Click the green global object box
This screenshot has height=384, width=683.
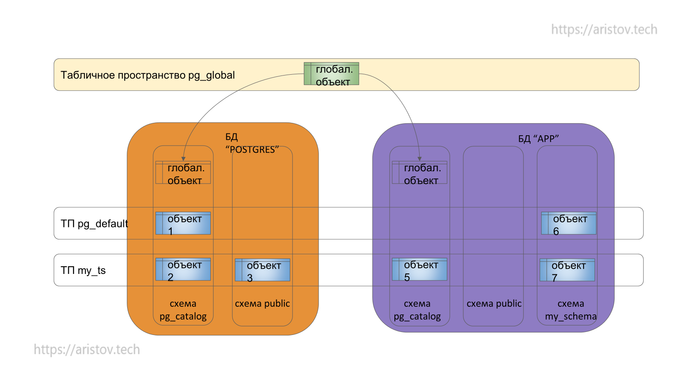click(331, 74)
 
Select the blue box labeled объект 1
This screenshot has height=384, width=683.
click(183, 223)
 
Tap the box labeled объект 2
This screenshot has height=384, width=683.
click(183, 269)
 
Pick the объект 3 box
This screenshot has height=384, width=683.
click(263, 270)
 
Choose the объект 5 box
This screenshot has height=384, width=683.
click(420, 269)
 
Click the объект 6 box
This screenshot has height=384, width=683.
click(569, 223)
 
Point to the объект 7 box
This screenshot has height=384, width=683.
click(567, 270)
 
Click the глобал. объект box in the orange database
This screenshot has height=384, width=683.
click(183, 172)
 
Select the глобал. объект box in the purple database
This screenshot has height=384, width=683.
click(420, 172)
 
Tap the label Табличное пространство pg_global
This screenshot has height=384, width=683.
click(148, 75)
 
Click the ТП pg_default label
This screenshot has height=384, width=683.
click(94, 224)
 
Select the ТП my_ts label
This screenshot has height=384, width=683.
click(83, 271)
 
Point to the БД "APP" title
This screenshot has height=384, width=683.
click(538, 139)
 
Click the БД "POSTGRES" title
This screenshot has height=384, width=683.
click(252, 143)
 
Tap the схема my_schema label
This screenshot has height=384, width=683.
click(571, 310)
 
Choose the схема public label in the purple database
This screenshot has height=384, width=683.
click(494, 304)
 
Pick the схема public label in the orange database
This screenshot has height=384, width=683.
click(262, 304)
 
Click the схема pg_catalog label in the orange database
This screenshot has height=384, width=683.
click(183, 310)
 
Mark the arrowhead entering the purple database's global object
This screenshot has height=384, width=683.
click(420, 159)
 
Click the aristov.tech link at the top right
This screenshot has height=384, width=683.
click(604, 29)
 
